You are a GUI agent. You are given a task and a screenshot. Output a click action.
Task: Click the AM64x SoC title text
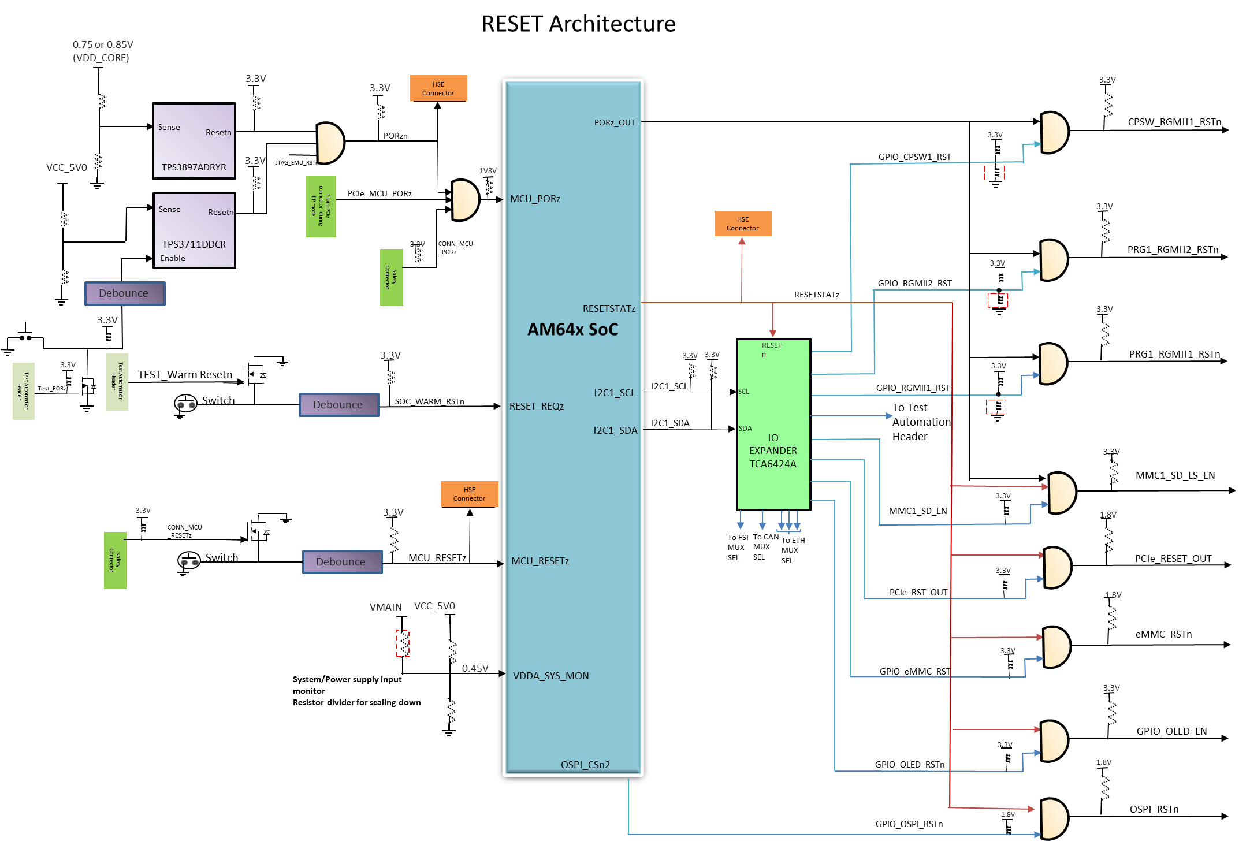tap(572, 329)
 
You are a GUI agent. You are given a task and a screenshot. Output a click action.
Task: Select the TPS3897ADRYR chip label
tap(194, 167)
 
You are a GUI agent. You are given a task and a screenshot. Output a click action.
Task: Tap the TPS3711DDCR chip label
tap(194, 244)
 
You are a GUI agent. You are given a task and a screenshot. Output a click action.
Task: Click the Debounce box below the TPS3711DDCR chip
tap(125, 293)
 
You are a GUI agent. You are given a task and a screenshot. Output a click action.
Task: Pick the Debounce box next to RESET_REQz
tap(338, 405)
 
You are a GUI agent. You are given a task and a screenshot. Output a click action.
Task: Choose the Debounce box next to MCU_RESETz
tap(342, 562)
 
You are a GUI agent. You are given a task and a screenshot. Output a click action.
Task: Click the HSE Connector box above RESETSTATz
tap(742, 224)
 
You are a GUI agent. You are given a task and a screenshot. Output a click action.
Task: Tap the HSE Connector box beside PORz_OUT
tap(438, 88)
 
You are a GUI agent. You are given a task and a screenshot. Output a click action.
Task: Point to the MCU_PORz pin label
tap(535, 199)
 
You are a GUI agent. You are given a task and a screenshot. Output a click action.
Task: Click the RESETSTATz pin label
tap(609, 308)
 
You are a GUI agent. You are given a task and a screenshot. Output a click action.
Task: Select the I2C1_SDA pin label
tap(615, 430)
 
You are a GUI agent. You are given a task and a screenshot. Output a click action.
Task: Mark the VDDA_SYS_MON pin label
tap(550, 676)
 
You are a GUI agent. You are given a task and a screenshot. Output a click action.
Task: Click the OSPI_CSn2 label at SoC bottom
tap(585, 765)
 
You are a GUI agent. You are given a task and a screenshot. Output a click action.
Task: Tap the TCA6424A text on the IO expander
tap(773, 464)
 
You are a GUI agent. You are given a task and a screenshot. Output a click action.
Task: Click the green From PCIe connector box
tap(321, 206)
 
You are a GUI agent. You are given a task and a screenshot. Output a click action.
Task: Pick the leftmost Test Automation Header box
tap(24, 391)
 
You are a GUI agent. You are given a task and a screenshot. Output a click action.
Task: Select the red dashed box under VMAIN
tap(403, 643)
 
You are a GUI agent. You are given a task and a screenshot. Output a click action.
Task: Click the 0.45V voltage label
tap(475, 668)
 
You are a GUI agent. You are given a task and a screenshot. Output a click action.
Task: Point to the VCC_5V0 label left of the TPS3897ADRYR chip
tap(66, 167)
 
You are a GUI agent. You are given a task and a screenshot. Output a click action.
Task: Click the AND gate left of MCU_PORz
tap(464, 200)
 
